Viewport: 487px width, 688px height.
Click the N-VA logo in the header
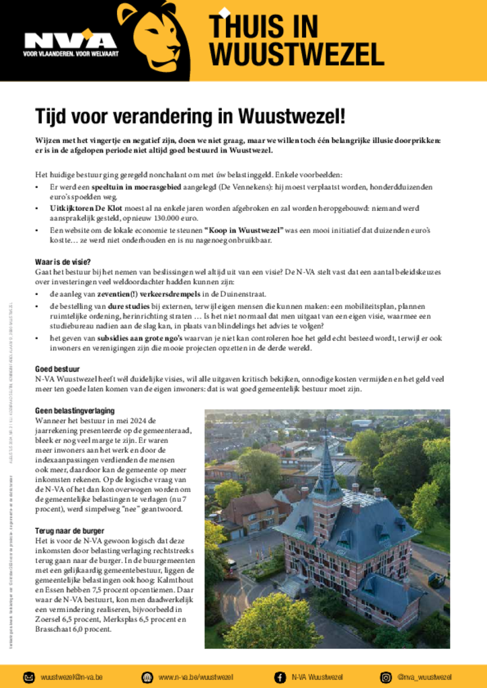[x=70, y=42]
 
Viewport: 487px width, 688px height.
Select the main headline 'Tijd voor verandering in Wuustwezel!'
[x=190, y=117]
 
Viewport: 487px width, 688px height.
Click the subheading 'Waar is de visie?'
[x=63, y=262]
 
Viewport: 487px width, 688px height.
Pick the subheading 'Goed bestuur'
[x=57, y=369]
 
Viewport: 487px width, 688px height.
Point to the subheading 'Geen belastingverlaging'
[x=75, y=411]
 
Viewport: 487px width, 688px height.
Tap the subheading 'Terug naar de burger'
[x=71, y=531]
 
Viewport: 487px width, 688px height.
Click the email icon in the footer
[x=29, y=677]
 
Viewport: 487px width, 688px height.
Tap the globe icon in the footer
[x=147, y=677]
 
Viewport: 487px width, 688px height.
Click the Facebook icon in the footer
[x=280, y=677]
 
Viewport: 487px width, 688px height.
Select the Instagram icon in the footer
[x=386, y=677]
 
